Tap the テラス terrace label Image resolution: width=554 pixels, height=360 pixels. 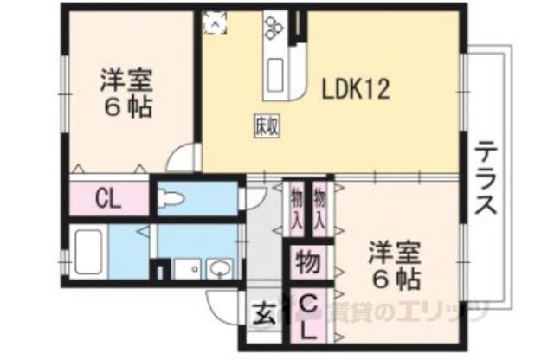(486, 183)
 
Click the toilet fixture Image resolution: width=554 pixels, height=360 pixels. (173, 200)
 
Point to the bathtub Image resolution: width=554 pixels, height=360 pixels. (87, 251)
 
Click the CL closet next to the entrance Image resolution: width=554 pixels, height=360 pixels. (308, 316)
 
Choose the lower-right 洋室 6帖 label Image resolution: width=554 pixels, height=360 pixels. (396, 267)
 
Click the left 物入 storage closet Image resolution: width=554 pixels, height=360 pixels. (295, 208)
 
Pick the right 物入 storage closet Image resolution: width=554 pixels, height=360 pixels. (319, 208)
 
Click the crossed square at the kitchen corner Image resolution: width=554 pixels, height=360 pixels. (212, 21)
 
